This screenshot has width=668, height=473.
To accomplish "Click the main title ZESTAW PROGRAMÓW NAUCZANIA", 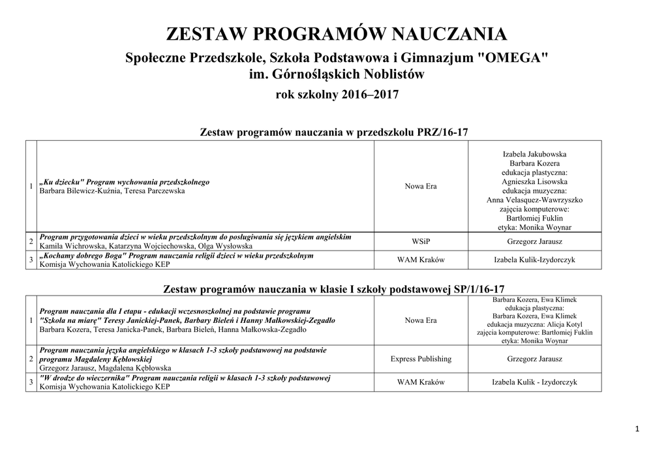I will [x=336, y=34].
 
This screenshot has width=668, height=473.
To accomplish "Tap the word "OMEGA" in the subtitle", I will [x=513, y=58].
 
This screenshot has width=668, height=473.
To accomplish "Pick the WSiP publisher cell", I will [x=421, y=241].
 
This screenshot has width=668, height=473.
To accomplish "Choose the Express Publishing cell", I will [x=421, y=359].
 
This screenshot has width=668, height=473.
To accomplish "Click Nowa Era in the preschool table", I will [x=421, y=187].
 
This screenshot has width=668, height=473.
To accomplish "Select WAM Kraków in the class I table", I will [x=421, y=382].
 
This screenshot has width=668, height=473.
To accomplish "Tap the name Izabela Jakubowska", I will [x=534, y=154].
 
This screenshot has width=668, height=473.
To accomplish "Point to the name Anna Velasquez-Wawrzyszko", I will [x=534, y=200].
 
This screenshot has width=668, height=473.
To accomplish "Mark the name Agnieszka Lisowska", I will [x=534, y=181].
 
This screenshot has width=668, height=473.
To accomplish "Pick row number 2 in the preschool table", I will [x=31, y=241].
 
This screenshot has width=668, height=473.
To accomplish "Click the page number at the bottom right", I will [x=637, y=429].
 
